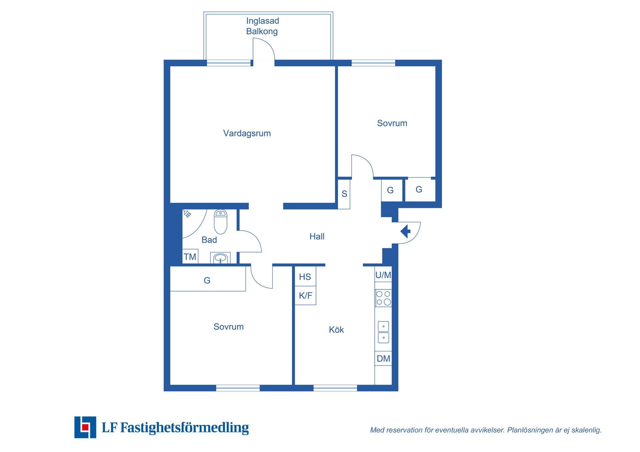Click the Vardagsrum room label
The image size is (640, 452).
[247, 134]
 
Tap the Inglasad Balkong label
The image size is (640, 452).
[262, 26]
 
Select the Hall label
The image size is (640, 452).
[317, 236]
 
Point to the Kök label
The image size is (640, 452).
[336, 330]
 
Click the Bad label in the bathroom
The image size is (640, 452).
[209, 240]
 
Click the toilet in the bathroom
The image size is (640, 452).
[220, 222]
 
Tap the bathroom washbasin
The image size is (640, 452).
[220, 258]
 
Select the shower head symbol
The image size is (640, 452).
[187, 214]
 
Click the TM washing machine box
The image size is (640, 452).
[190, 256]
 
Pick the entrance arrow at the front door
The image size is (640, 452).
[405, 231]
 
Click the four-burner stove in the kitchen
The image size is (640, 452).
[383, 298]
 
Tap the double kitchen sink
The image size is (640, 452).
[383, 332]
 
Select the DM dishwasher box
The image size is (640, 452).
[383, 358]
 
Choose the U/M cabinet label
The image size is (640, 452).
[383, 275]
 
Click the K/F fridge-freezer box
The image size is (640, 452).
[305, 295]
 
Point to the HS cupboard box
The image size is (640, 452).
[305, 276]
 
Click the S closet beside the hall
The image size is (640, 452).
[344, 194]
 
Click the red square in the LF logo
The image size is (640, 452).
[85, 427]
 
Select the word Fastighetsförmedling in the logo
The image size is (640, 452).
[185, 428]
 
